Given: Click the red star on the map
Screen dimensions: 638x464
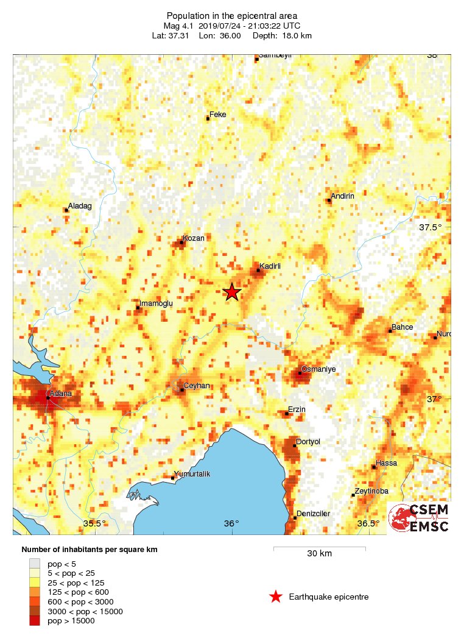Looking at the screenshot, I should pyautogui.click(x=232, y=292).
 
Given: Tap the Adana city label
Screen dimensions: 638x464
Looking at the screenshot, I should pyautogui.click(x=61, y=394).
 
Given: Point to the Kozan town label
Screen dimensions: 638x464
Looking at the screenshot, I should pyautogui.click(x=194, y=238).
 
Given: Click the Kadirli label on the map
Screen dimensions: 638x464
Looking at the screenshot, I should pyautogui.click(x=270, y=266).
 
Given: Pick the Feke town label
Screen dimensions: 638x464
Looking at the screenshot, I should pyautogui.click(x=217, y=114).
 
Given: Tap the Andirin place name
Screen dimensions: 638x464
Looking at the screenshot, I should pyautogui.click(x=342, y=196).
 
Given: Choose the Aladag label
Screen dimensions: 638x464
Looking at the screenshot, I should pyautogui.click(x=80, y=206).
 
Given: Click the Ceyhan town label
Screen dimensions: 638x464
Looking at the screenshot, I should pyautogui.click(x=197, y=386).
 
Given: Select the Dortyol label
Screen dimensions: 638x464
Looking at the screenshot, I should pyautogui.click(x=308, y=441).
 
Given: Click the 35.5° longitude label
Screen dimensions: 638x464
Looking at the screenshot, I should pyautogui.click(x=94, y=523).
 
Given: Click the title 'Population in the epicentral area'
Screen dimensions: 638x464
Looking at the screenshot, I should pyautogui.click(x=232, y=15).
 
